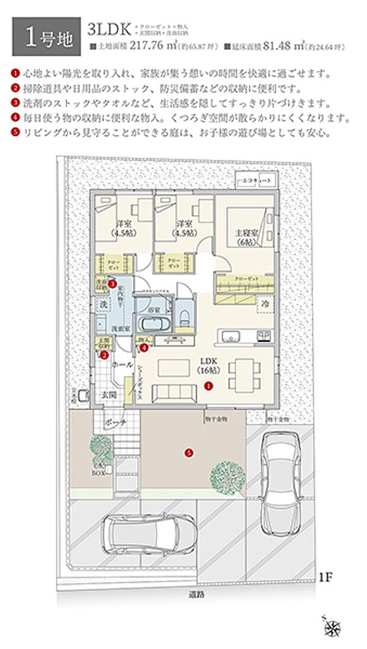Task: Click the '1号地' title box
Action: [46, 37]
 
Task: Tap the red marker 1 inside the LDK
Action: [208, 385]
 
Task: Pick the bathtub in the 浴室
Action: [154, 325]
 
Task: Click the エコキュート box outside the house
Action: [255, 178]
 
